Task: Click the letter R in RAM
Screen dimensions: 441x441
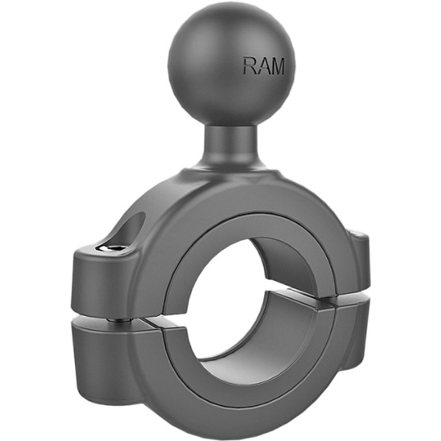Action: coord(250,67)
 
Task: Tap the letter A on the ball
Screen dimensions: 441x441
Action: coord(263,67)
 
